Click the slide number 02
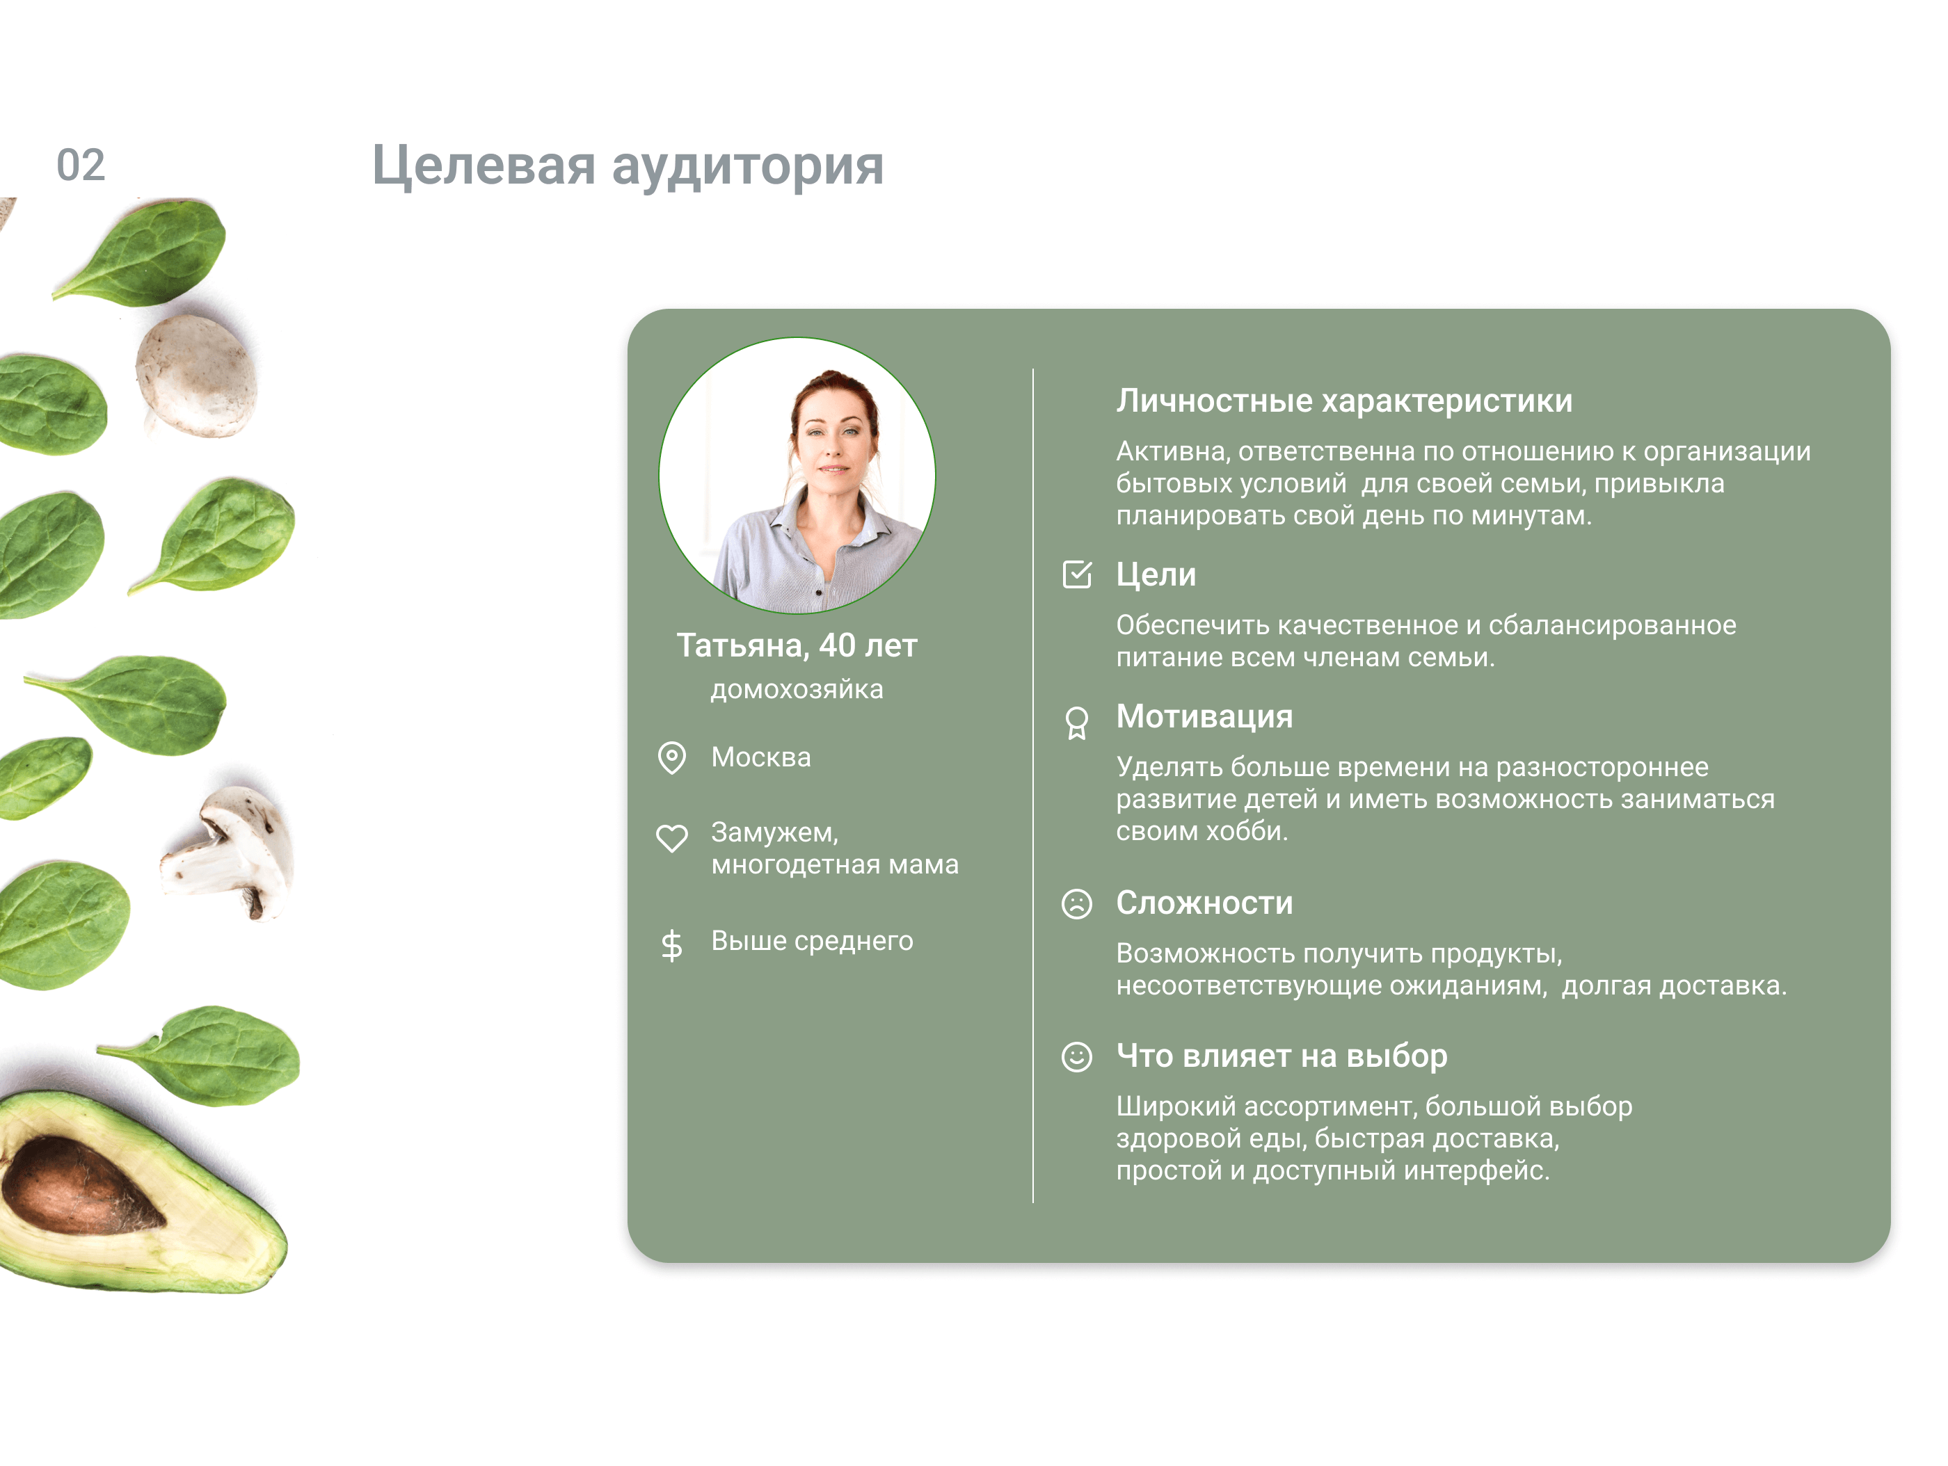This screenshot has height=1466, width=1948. [81, 166]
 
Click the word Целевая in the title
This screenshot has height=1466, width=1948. [484, 166]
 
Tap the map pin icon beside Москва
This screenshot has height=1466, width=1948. [672, 757]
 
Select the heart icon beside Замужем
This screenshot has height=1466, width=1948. [672, 837]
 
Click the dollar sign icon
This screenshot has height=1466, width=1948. [672, 944]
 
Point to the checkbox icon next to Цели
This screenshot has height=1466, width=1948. [1077, 574]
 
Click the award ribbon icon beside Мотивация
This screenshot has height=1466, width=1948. [1076, 723]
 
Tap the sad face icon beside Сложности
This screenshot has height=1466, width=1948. [1076, 903]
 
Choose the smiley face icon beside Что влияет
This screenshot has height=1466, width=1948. [1076, 1056]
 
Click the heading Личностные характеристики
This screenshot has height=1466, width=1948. [1344, 401]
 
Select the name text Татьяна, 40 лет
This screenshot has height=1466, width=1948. [797, 646]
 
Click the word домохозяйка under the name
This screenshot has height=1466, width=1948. [797, 689]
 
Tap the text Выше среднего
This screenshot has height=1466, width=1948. [812, 941]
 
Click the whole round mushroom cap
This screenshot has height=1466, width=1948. [195, 376]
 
